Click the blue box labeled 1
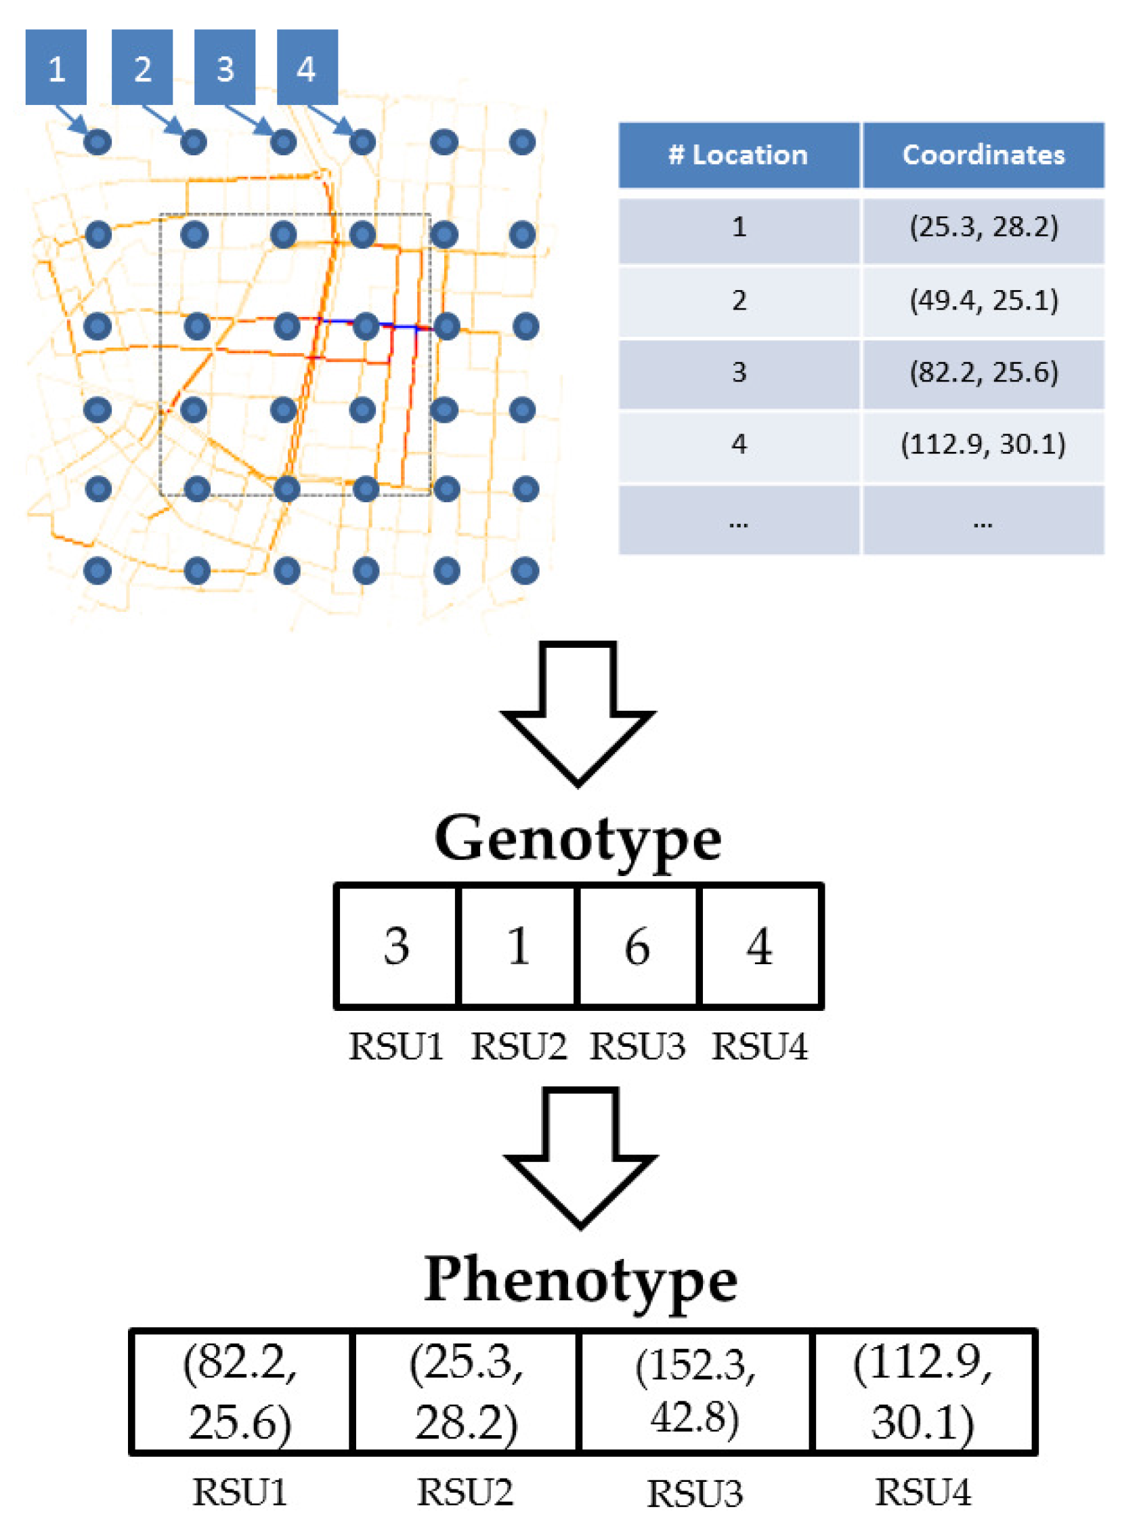(56, 67)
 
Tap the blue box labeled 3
(224, 67)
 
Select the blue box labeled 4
(307, 67)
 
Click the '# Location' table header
(738, 154)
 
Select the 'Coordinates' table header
(983, 154)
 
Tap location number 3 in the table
(738, 373)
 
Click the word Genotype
(578, 838)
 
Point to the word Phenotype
(580, 1280)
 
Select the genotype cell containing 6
(637, 945)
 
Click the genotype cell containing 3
(395, 945)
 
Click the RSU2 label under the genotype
(518, 1046)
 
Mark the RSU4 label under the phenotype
(923, 1491)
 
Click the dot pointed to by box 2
(194, 142)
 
